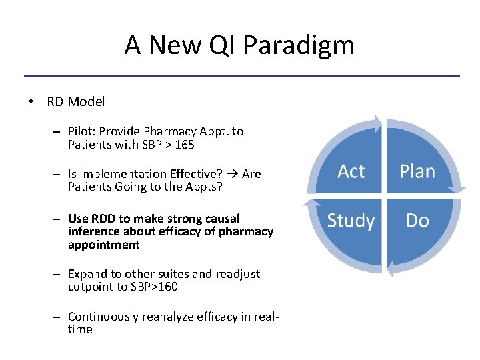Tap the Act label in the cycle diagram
[351, 172]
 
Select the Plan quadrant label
[417, 172]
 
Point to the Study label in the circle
[351, 221]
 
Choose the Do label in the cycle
[417, 221]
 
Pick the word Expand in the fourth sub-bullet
[87, 274]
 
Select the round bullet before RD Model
[31, 102]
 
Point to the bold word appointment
[103, 245]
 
